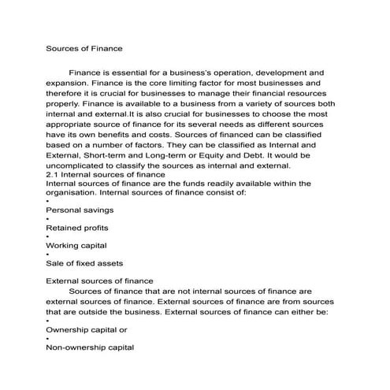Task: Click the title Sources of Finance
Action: [x=84, y=49]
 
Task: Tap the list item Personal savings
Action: [x=80, y=210]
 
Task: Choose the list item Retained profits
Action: [x=78, y=228]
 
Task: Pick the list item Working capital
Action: [x=77, y=245]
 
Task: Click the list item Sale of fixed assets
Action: [x=84, y=262]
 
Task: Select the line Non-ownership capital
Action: [x=90, y=347]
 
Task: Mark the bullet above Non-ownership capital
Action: [x=48, y=338]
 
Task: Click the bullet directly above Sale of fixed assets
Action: [x=48, y=254]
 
